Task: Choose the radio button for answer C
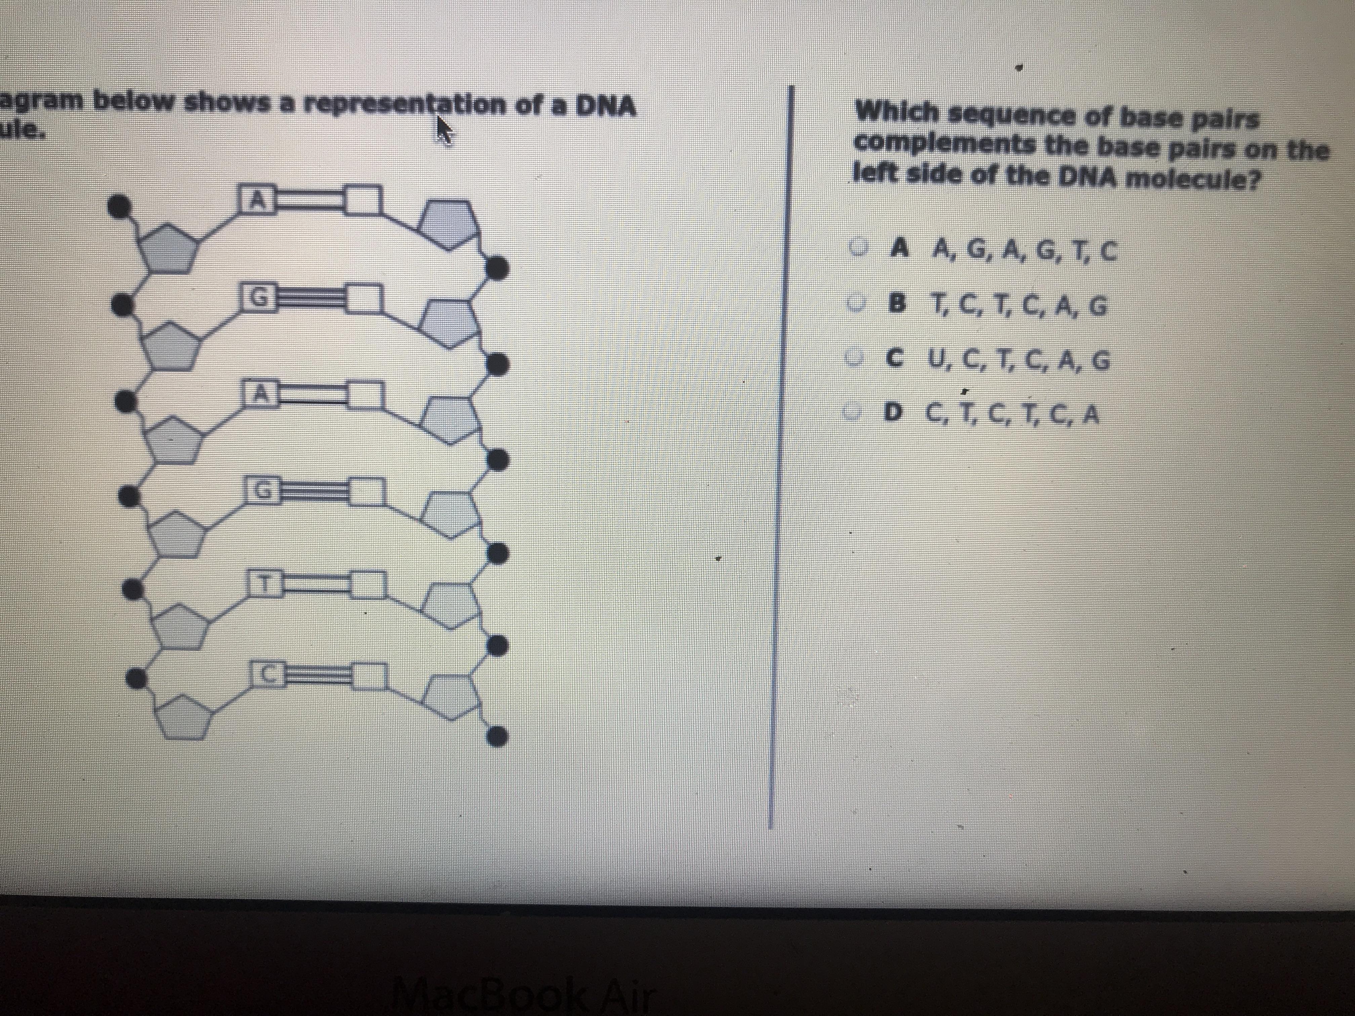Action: (856, 358)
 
